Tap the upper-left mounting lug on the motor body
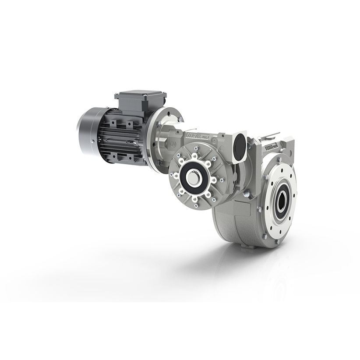pyautogui.click(x=115, y=124)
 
